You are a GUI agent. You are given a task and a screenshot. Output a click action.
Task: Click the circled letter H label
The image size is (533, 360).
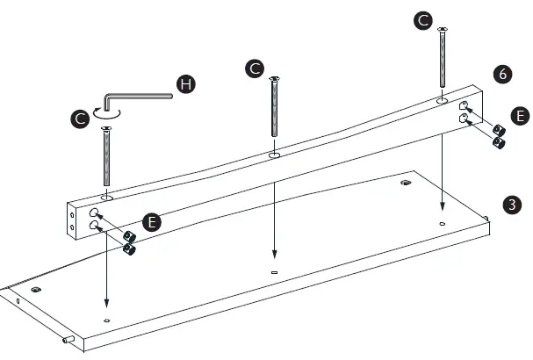184,84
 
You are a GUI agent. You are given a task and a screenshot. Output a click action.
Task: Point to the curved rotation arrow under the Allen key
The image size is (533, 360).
106,112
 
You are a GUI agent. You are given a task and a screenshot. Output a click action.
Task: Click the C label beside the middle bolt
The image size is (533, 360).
255,68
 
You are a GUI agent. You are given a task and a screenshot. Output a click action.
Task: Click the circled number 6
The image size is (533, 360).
502,75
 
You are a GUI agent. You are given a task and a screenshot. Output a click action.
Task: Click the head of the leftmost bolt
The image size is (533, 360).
106,128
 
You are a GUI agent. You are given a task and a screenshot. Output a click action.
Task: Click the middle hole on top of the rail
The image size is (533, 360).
274,156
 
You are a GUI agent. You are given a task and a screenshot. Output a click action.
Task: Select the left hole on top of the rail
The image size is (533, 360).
106,199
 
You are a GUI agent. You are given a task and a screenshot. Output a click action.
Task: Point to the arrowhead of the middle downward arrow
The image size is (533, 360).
274,256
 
